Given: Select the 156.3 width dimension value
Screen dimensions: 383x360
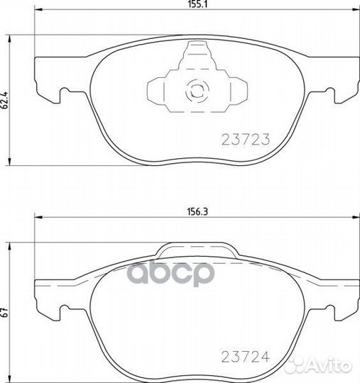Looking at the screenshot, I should [192, 211].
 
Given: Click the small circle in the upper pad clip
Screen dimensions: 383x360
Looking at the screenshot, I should [195, 90].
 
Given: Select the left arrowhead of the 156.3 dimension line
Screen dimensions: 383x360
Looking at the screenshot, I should [37, 218].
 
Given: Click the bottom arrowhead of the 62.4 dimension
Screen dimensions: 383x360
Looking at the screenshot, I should [9, 162].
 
